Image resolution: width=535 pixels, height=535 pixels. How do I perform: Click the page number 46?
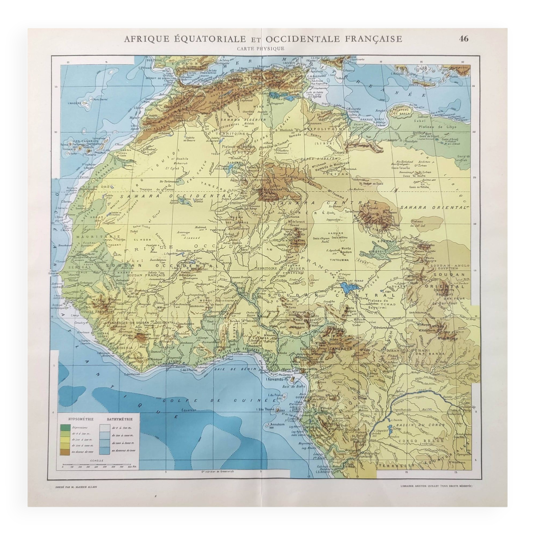tap(464, 39)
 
